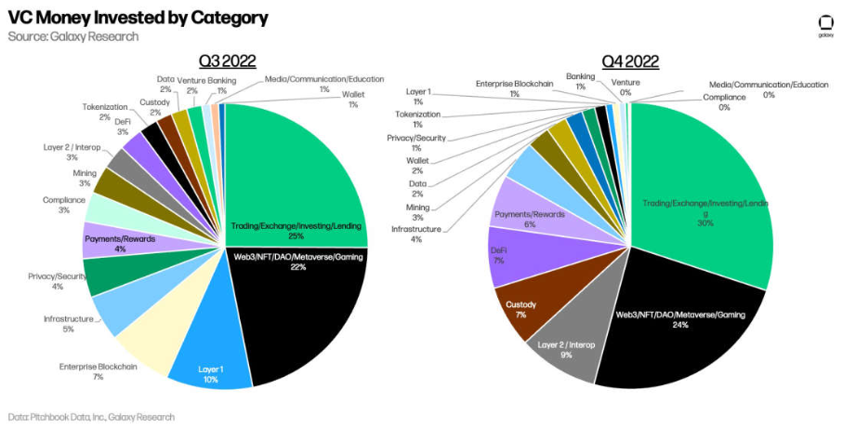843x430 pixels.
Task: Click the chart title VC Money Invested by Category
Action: pos(138,18)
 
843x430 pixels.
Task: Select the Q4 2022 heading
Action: pos(630,62)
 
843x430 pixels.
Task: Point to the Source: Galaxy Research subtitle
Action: pos(73,36)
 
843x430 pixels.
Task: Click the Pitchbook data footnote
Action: pos(91,417)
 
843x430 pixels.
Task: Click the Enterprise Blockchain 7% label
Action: pos(99,371)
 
